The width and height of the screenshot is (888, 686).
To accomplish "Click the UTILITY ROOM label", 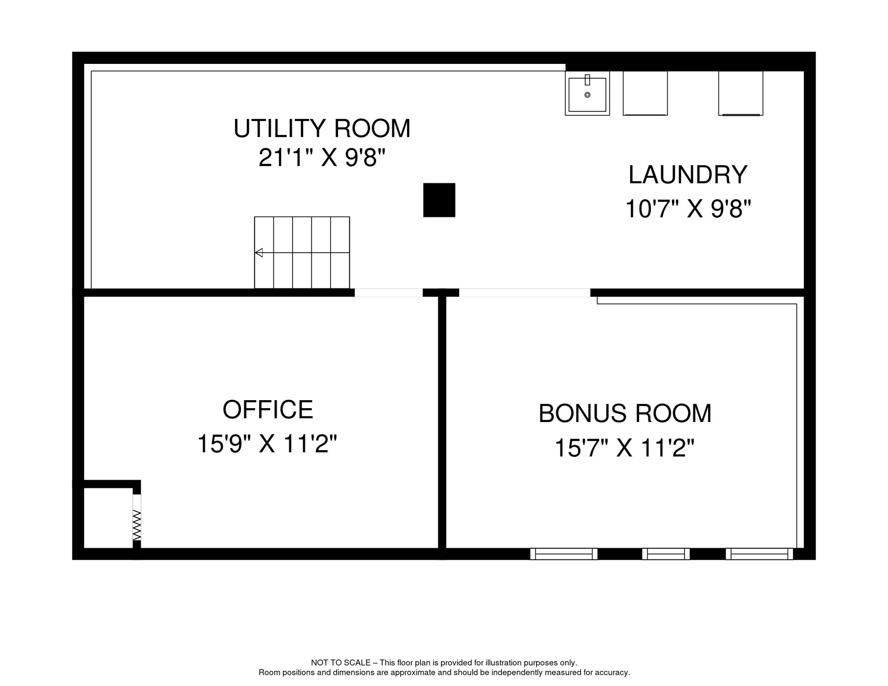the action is (322, 129).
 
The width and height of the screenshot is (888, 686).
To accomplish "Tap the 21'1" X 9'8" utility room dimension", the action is (322, 158).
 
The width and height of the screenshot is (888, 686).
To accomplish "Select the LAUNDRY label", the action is (687, 175).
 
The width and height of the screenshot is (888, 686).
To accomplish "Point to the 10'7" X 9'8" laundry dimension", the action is (687, 209).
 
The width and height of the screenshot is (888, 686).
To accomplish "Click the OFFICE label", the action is (268, 410).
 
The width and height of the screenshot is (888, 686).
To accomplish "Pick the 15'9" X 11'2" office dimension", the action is (267, 444).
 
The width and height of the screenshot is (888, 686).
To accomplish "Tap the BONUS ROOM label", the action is (624, 414).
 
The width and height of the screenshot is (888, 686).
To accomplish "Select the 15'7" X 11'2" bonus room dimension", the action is (624, 448).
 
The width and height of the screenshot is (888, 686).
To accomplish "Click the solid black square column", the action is (439, 200).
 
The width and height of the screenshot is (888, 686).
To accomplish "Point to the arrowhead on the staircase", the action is (259, 253).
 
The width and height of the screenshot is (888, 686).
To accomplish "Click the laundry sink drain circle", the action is (587, 95).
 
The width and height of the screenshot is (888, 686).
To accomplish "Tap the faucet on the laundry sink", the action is (587, 80).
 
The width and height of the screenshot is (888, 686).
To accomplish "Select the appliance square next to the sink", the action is (645, 93).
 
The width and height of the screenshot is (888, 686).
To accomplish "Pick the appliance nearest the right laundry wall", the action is (741, 93).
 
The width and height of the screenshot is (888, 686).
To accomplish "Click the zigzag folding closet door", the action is (137, 525).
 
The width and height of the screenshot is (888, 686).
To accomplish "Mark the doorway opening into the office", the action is (389, 293).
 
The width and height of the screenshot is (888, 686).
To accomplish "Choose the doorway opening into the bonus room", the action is (524, 293).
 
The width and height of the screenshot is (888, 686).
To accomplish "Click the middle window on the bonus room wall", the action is (666, 554).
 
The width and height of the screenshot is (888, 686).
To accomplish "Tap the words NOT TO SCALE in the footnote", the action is (341, 663).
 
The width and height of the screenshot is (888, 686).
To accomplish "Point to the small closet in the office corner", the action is (109, 518).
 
